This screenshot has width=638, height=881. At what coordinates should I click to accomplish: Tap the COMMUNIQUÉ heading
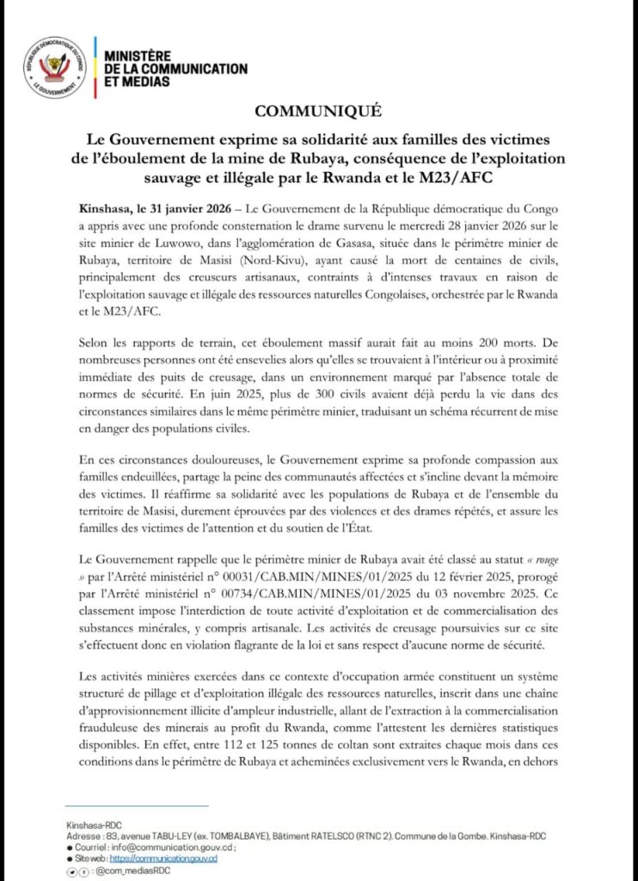(x=317, y=112)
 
